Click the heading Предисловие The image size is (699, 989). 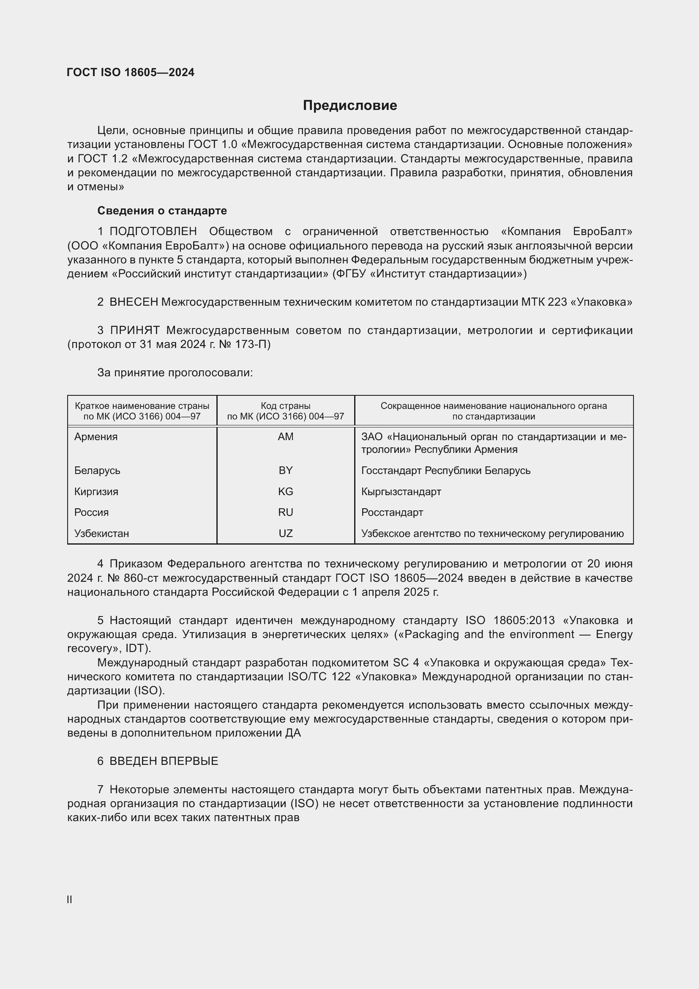point(349,106)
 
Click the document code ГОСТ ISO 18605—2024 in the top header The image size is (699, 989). point(131,72)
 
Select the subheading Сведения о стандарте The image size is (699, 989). point(162,211)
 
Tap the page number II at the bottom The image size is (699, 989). point(69,899)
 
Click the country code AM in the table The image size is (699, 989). point(285,437)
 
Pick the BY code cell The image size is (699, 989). point(285,470)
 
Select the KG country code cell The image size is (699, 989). point(285,491)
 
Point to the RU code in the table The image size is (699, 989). point(285,512)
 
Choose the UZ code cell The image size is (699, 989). point(285,533)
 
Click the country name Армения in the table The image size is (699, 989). point(96,437)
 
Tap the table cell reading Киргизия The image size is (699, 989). point(96,491)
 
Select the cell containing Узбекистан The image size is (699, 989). point(101,533)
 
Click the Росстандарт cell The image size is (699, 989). point(392,512)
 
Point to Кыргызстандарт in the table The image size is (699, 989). point(401,491)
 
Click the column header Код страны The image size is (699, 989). point(285,406)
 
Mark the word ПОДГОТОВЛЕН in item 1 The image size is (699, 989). point(153,232)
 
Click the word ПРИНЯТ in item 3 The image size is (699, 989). point(135,330)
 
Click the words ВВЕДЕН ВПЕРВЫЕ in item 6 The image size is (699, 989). point(164,761)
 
